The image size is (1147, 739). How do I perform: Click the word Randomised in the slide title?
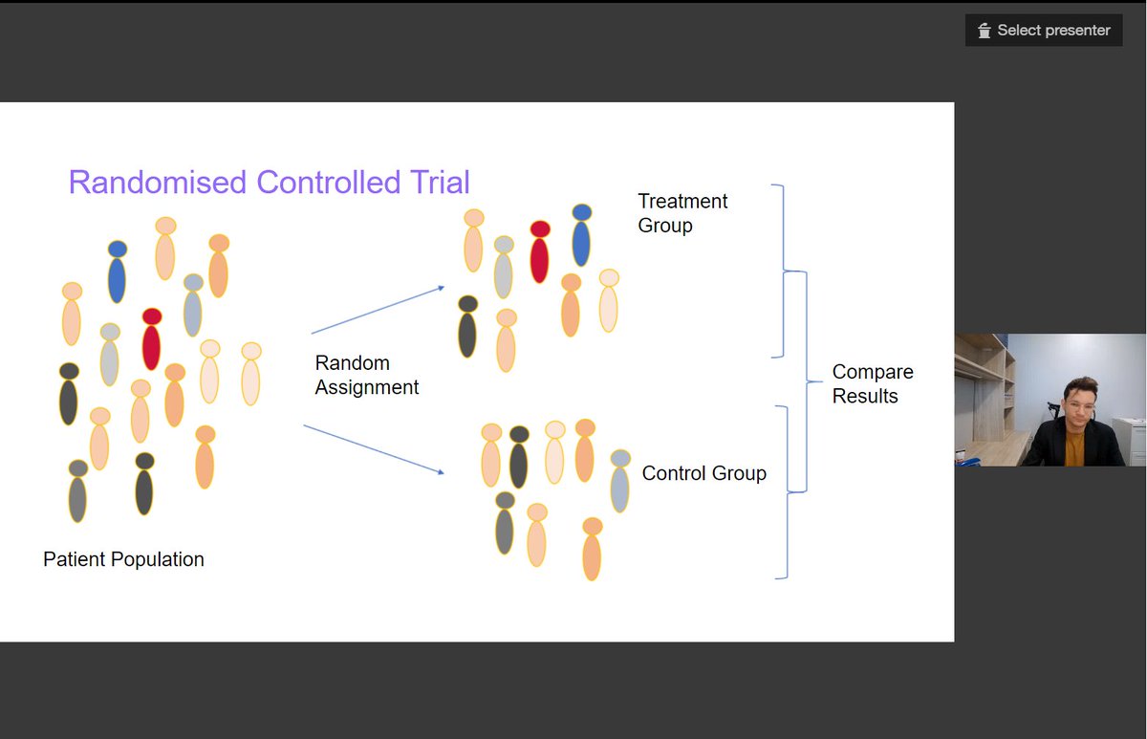click(x=158, y=182)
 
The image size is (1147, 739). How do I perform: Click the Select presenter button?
click(x=1044, y=31)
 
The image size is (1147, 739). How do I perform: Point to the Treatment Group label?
click(x=682, y=213)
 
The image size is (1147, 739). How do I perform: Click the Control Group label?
click(x=703, y=473)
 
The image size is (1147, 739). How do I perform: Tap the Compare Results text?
click(x=872, y=383)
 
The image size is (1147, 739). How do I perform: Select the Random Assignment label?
click(x=366, y=375)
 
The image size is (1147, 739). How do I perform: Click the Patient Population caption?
click(x=123, y=559)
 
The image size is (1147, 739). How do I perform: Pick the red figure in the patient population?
click(x=151, y=339)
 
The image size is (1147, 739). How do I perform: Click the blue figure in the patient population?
click(x=117, y=272)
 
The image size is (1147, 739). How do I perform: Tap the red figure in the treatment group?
click(x=540, y=252)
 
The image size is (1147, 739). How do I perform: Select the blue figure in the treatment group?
click(x=581, y=236)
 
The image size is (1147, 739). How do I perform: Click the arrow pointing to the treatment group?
click(x=378, y=310)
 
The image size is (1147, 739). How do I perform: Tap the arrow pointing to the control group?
click(x=374, y=449)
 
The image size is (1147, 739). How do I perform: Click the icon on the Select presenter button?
click(x=985, y=32)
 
